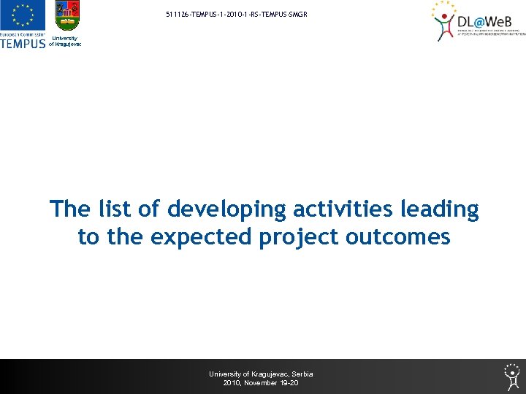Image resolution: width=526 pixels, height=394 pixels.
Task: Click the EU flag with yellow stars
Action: coord(23,15)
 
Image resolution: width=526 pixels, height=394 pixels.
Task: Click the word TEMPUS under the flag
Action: coord(23,43)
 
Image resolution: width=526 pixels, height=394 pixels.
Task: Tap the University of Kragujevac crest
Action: coord(67,17)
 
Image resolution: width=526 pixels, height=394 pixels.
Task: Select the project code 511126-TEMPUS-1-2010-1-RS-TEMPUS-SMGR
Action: coord(232,15)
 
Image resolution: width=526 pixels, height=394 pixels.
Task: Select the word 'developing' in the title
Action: coord(227,209)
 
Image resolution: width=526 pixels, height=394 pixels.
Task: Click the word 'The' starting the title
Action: coord(70,209)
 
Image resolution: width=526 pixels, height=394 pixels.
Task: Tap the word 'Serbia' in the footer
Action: coord(302,374)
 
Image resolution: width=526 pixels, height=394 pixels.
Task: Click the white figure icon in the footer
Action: coord(511,376)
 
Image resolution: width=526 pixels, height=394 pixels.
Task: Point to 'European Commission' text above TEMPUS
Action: coord(23,34)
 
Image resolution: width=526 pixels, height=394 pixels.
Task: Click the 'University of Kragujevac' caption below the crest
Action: coord(65,41)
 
